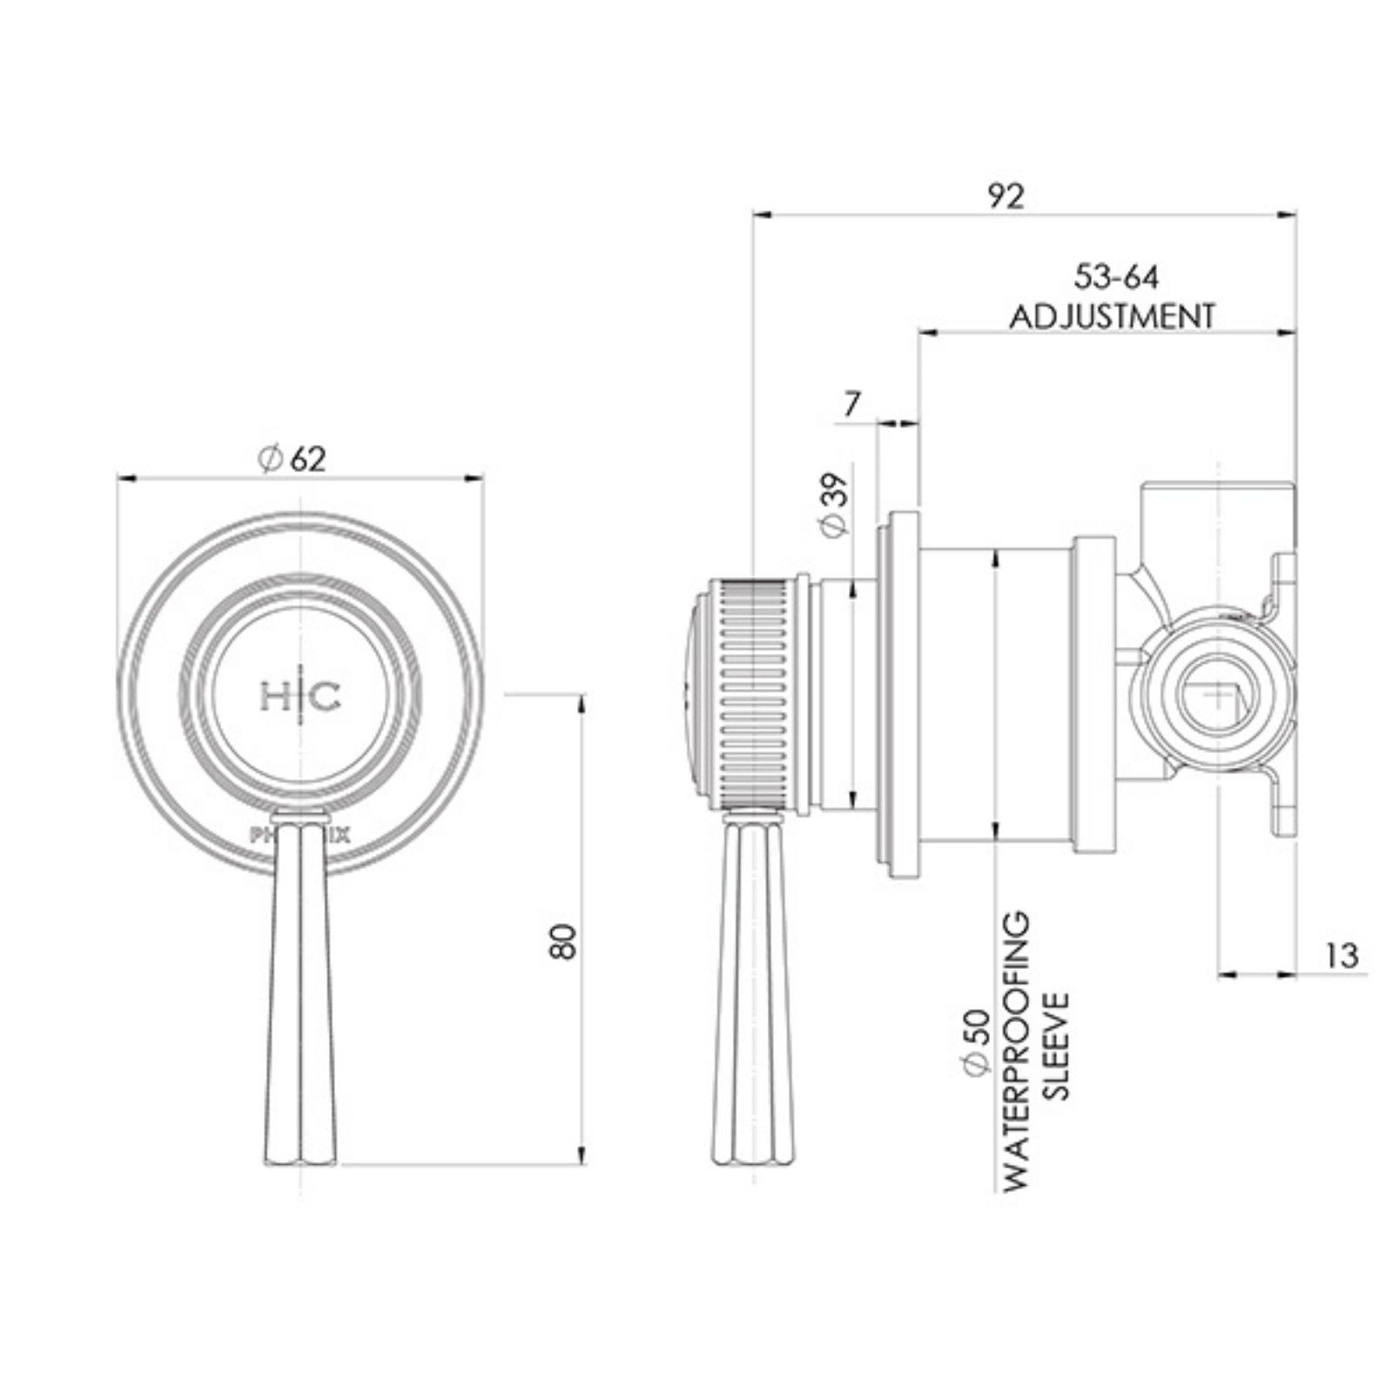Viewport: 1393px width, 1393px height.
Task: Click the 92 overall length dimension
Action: pyautogui.click(x=1006, y=196)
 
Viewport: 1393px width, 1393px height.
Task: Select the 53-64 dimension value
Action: pyautogui.click(x=1116, y=278)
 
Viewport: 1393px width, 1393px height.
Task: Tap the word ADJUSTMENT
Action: pyautogui.click(x=1112, y=315)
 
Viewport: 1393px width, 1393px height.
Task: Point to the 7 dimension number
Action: pyautogui.click(x=852, y=404)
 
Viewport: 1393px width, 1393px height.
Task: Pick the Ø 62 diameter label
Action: pyautogui.click(x=293, y=458)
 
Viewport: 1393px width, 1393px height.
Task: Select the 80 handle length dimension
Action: pyautogui.click(x=563, y=941)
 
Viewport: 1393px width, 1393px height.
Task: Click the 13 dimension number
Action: pyautogui.click(x=1343, y=956)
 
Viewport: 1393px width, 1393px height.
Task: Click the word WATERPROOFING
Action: pyautogui.click(x=1015, y=1051)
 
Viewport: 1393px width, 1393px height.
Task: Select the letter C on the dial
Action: pyautogui.click(x=326, y=696)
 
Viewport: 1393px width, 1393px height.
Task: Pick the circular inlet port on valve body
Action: pyautogui.click(x=1217, y=696)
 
